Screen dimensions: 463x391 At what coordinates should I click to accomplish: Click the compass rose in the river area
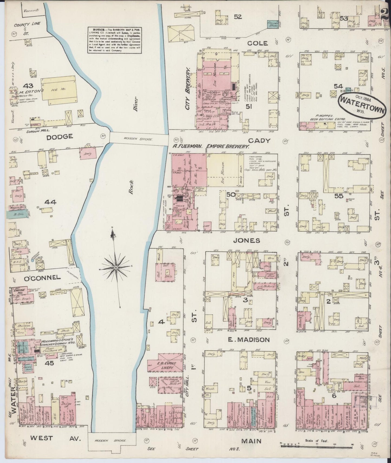116,267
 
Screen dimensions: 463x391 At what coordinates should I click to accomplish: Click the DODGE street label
60,137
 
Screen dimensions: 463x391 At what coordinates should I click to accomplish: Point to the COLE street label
257,43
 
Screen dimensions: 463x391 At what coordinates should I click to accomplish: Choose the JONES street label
249,240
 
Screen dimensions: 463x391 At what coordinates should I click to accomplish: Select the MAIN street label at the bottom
251,441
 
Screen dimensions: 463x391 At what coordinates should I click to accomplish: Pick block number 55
339,196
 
